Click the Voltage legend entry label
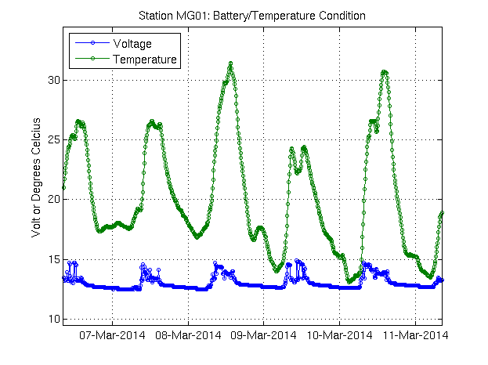pos(133,44)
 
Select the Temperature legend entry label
pos(145,59)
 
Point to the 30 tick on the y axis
pos(52,80)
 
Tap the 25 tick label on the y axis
pos(52,139)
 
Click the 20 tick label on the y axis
pos(52,199)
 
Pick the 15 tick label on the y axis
pos(52,259)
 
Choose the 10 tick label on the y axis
pos(52,319)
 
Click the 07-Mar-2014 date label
pos(112,336)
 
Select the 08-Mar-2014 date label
pos(188,336)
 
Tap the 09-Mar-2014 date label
pos(264,336)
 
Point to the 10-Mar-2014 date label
pos(339,336)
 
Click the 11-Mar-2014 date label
pos(415,336)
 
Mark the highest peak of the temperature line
pos(230,63)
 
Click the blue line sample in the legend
pos(92,44)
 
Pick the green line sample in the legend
pos(92,59)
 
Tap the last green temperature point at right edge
pos(443,212)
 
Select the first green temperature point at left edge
pos(63,188)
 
